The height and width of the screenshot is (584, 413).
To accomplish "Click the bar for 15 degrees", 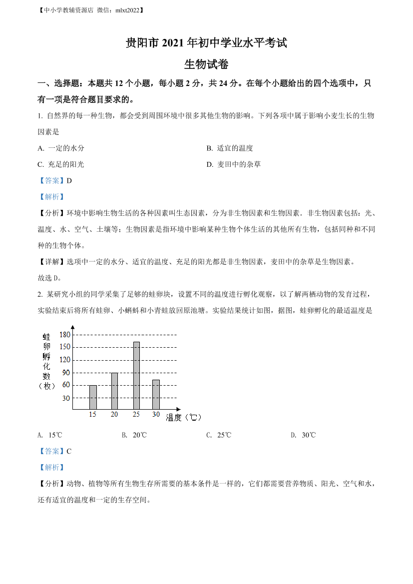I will [x=93, y=397].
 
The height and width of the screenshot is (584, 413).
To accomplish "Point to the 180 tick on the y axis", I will [x=65, y=334].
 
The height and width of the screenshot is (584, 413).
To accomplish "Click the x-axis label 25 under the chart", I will [x=136, y=415].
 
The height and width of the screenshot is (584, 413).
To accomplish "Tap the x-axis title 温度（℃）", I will [x=183, y=417].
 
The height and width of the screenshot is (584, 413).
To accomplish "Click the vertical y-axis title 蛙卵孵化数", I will [x=46, y=360].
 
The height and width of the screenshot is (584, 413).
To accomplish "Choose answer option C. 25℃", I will [x=219, y=435].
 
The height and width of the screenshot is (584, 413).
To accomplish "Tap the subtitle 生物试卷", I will [x=206, y=64].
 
